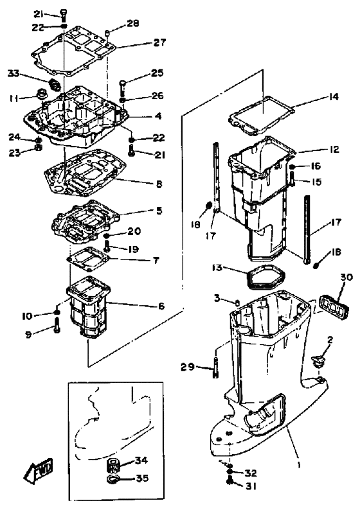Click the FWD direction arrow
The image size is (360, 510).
coord(39,470)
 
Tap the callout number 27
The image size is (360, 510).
coord(159,42)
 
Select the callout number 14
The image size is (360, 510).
coord(332,96)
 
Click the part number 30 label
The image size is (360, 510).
coord(346,277)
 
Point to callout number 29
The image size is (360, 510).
coord(188,367)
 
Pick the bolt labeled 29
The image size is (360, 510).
coord(215,367)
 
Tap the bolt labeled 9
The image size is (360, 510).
coord(57,325)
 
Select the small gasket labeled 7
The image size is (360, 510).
coord(89,259)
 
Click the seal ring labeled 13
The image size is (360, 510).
coord(264,276)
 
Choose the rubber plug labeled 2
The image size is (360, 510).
coord(318,361)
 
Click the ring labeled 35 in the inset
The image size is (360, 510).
coord(113,479)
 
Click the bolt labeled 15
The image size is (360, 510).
coord(292,178)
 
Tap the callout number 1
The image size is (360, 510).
coord(299,466)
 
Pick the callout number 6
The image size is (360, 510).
coord(161,306)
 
